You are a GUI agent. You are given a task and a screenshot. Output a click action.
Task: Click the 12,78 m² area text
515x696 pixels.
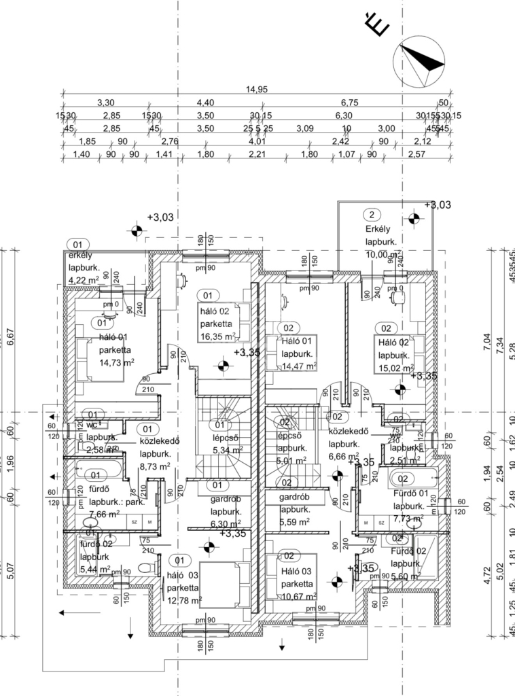pos(184,600)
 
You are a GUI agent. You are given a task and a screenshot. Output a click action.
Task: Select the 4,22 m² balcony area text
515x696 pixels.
pos(84,279)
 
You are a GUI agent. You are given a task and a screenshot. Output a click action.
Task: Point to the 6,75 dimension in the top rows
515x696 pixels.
pos(349,103)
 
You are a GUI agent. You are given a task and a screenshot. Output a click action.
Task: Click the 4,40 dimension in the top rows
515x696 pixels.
pos(205,103)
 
